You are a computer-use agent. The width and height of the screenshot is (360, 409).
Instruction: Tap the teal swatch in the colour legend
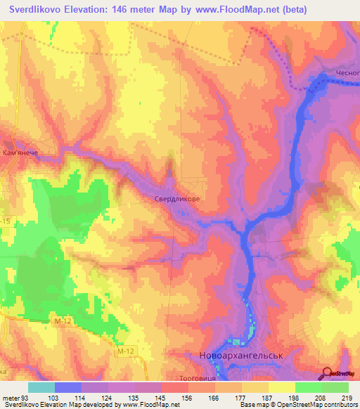(x=41, y=387)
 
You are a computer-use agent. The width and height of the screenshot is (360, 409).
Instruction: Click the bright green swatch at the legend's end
(x=335, y=387)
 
